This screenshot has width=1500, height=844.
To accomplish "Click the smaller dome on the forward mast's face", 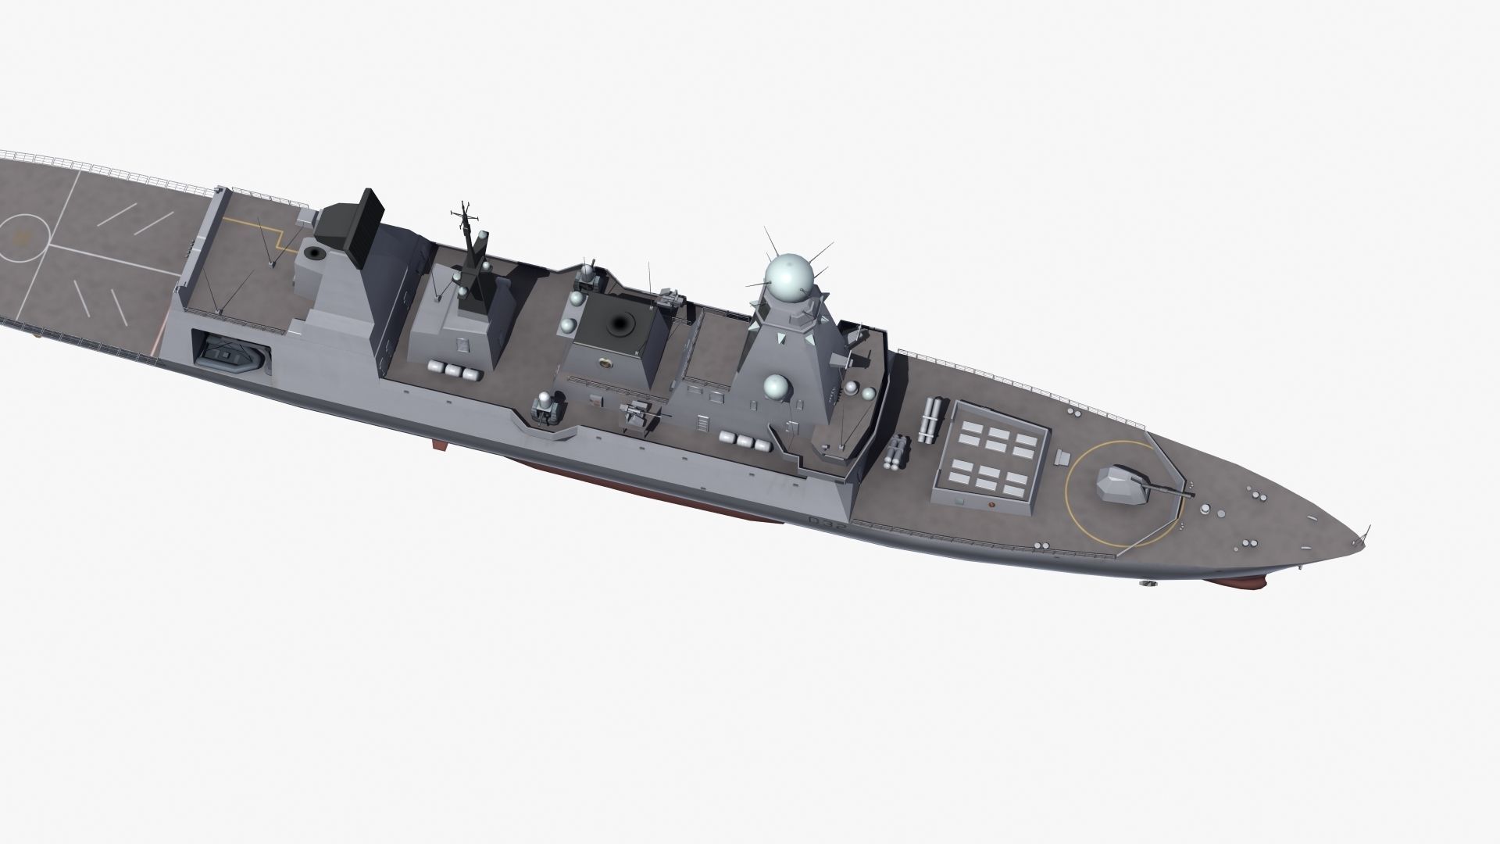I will pyautogui.click(x=776, y=385).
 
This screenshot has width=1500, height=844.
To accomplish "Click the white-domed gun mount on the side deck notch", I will pyautogui.click(x=545, y=408).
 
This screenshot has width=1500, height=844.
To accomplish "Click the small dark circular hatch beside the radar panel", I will pyautogui.click(x=315, y=253).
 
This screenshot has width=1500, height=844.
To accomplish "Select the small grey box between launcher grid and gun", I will pyautogui.click(x=1062, y=457).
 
